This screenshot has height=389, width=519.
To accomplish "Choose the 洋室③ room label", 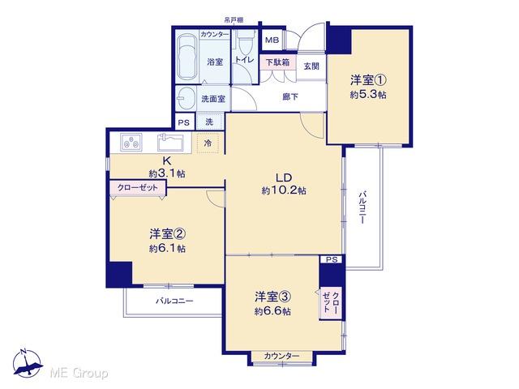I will tap(272, 297).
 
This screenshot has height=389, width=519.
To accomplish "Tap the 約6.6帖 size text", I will tap(272, 311).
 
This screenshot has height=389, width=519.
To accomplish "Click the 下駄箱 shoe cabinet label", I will tap(278, 61).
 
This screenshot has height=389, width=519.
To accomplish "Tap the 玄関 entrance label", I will tap(311, 66).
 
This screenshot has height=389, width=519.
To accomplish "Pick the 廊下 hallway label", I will tap(290, 96).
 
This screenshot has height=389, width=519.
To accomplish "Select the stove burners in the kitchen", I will tap(130, 143).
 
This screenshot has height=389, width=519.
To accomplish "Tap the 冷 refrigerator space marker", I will tap(208, 144).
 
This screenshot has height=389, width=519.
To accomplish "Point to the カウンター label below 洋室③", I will tap(281, 357).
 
